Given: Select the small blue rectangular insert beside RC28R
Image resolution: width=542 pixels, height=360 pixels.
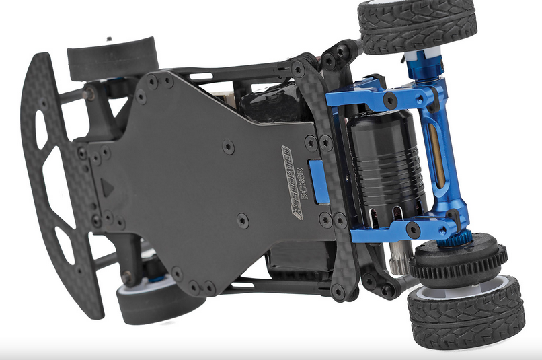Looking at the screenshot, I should click(319, 181).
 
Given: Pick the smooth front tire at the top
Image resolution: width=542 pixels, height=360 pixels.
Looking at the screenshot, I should click(112, 58).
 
